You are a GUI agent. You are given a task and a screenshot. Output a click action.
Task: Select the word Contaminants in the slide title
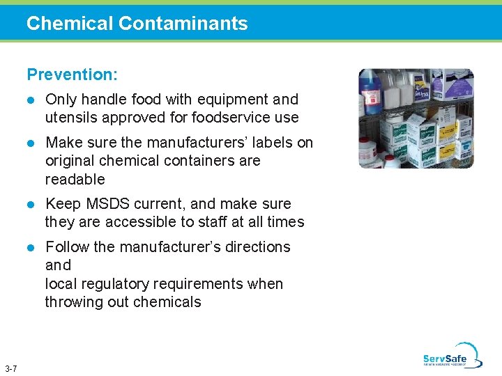pyautogui.click(x=183, y=24)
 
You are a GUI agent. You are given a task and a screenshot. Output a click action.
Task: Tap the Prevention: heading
pyautogui.click(x=72, y=74)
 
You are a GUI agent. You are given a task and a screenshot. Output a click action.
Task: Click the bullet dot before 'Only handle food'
pyautogui.click(x=30, y=100)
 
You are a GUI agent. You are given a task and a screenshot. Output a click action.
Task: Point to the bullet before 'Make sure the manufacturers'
pyautogui.click(x=30, y=143)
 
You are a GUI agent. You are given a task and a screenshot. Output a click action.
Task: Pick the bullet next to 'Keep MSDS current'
pyautogui.click(x=30, y=205)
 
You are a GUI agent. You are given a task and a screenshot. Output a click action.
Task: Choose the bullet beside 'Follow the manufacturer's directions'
pyautogui.click(x=30, y=248)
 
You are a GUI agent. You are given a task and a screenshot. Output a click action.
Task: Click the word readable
pyautogui.click(x=75, y=179)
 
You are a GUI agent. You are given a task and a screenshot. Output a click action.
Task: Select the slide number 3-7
pyautogui.click(x=11, y=368)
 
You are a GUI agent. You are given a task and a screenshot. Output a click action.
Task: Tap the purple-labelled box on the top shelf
pyautogui.click(x=452, y=87)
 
